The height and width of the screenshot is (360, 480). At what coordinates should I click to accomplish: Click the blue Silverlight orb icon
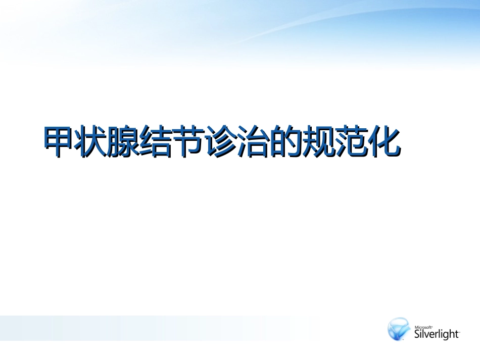click(x=399, y=329)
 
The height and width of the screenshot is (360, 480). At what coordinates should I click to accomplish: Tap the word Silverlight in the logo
click(x=437, y=334)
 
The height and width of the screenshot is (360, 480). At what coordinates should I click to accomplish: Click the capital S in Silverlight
click(x=417, y=334)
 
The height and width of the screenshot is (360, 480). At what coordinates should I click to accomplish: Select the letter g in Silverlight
click(x=447, y=335)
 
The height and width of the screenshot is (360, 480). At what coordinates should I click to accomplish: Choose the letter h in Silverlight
click(x=453, y=333)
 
